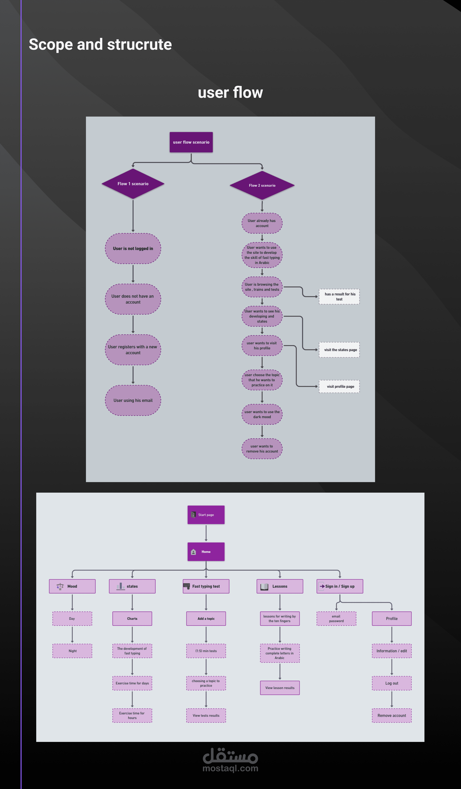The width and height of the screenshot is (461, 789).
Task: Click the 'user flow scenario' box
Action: [191, 142]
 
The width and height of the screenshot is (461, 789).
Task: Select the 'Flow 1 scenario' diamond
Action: [133, 184]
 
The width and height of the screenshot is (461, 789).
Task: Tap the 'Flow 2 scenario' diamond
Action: [262, 185]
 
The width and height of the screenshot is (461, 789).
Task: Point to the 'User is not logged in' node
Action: [133, 249]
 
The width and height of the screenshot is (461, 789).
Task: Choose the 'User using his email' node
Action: [133, 400]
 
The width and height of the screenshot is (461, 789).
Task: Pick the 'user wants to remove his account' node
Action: [262, 449]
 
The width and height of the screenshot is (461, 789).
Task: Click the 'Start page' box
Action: [206, 515]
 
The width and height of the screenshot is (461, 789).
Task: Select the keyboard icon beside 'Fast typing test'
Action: [187, 586]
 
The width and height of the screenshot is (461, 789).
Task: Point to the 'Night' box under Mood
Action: [72, 651]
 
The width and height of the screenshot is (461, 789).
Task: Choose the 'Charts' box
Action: [132, 619]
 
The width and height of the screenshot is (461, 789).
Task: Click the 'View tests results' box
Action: [206, 715]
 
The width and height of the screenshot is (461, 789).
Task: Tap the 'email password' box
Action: [336, 619]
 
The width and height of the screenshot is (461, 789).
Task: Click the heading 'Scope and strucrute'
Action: [100, 44]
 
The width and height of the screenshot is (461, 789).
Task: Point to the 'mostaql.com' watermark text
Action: [230, 768]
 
